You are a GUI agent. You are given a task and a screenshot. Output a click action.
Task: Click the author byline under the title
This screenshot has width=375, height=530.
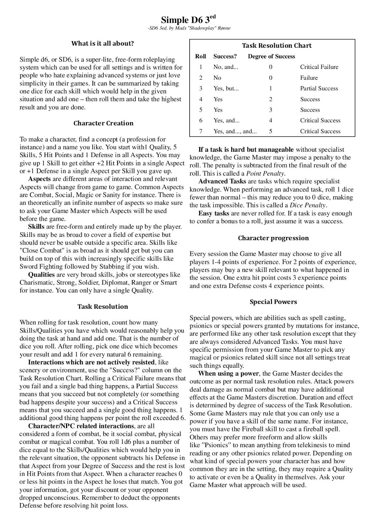click(x=189, y=28)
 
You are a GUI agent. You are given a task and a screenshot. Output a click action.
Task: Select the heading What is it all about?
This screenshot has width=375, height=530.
click(x=103, y=43)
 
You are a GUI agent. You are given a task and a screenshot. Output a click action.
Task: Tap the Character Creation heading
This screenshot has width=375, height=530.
click(x=103, y=123)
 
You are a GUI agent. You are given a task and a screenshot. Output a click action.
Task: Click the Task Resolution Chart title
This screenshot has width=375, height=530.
click(x=277, y=46)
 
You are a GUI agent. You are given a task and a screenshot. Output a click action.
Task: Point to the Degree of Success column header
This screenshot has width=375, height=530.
click(x=271, y=56)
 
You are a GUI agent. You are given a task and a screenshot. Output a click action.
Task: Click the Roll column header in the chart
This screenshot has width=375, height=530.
click(x=201, y=56)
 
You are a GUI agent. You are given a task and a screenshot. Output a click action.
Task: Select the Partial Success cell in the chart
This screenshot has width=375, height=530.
click(x=319, y=88)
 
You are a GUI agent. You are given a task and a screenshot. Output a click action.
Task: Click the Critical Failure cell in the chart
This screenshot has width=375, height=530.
click(x=319, y=67)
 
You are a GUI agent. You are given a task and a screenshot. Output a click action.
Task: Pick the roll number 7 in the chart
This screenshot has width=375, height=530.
click(x=201, y=131)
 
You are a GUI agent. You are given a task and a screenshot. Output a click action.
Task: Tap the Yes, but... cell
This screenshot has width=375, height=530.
click(x=226, y=88)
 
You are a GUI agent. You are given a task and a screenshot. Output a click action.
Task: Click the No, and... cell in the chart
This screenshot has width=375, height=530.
click(x=226, y=67)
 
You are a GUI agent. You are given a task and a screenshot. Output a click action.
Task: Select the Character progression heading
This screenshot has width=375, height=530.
click(x=273, y=238)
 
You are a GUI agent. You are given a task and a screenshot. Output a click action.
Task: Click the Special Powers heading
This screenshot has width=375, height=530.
click(x=273, y=302)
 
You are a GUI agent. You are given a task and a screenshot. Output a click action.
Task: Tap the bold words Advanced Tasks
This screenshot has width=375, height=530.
click(x=222, y=182)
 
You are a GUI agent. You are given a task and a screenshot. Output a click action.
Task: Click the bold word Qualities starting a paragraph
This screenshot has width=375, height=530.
click(x=41, y=275)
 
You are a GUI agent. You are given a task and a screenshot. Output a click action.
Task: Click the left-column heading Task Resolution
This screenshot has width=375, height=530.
click(x=102, y=307)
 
